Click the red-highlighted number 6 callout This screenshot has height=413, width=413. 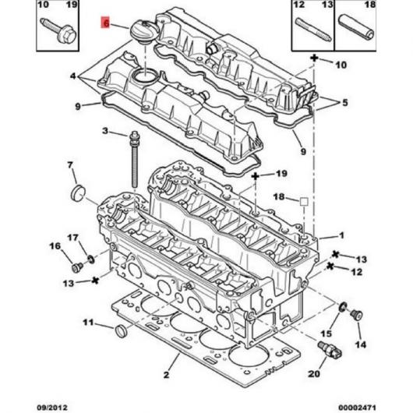click(106, 23)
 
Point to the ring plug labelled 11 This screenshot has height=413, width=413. click(121, 331)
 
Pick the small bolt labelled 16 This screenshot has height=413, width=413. click(77, 267)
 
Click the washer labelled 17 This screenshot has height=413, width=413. click(91, 259)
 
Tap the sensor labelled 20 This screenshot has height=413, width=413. click(330, 349)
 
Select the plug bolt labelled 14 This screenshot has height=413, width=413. click(357, 315)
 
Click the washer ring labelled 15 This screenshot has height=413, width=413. click(343, 307)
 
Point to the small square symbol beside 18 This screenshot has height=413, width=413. click(304, 202)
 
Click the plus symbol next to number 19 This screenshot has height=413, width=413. click(256, 176)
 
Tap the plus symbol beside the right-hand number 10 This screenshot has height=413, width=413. click(314, 58)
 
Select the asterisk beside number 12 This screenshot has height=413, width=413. click(330, 266)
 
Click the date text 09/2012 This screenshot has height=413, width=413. click(52, 408)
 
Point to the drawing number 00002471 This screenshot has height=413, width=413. click(357, 408)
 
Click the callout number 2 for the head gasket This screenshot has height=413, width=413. click(166, 375)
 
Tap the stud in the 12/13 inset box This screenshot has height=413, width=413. click(313, 29)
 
